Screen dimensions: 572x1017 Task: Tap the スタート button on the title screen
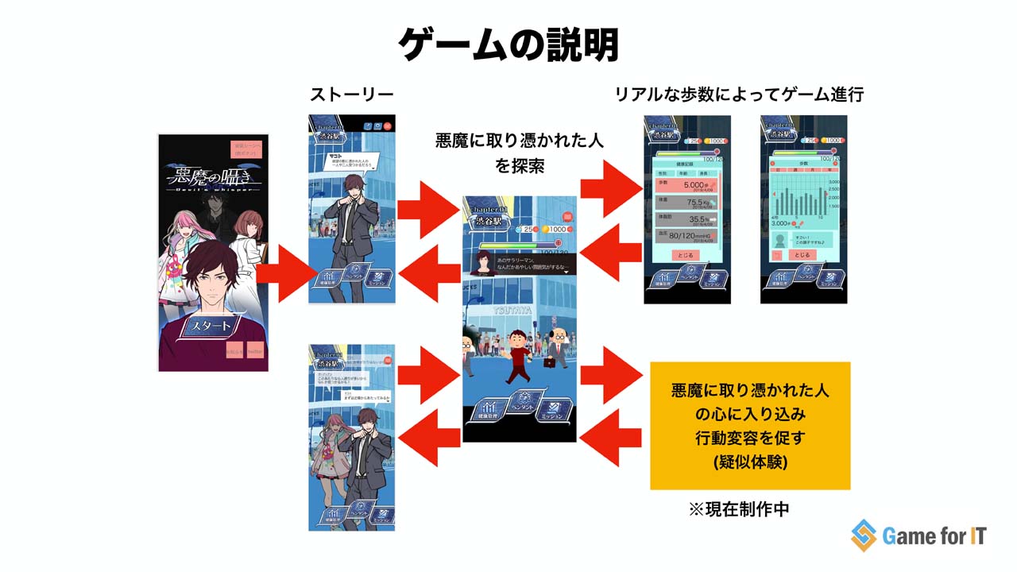coord(212,326)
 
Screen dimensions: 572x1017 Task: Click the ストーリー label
coord(352,95)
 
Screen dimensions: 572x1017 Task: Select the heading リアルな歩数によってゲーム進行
coord(739,95)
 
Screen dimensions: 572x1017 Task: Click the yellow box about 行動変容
coord(750,426)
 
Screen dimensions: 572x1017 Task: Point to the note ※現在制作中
coord(739,509)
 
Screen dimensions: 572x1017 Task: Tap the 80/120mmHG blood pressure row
coord(685,236)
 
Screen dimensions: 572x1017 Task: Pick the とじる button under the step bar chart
coord(802,255)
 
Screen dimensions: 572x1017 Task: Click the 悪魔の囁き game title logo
coord(212,180)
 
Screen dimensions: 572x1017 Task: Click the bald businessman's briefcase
coord(550,363)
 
